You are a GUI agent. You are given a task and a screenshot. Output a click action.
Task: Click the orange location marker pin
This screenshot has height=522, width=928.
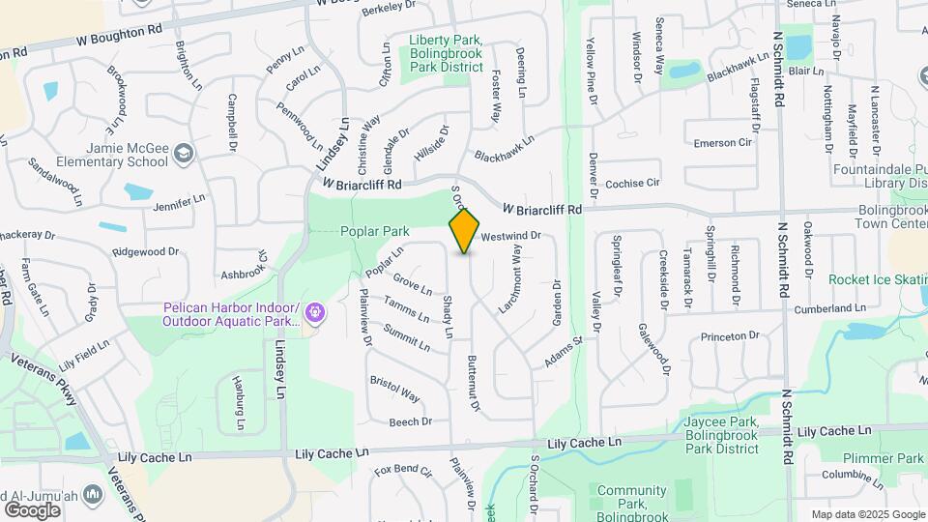tap(465, 230)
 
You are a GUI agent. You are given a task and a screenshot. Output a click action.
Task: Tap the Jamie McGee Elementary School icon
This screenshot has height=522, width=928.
tap(182, 154)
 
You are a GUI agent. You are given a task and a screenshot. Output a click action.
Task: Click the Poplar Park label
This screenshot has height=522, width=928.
tap(374, 232)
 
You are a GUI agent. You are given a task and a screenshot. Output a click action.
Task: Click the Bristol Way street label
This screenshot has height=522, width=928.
tap(395, 388)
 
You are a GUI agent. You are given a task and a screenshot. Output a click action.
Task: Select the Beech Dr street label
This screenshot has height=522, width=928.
tap(410, 422)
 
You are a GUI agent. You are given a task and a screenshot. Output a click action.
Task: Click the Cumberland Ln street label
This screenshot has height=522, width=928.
tap(830, 308)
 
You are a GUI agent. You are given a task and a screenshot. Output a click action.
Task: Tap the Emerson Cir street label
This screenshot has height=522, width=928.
tap(722, 143)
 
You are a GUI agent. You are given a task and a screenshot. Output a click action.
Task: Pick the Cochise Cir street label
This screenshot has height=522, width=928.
tap(632, 183)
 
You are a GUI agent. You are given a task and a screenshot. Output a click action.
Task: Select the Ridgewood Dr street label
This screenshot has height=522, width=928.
tap(146, 252)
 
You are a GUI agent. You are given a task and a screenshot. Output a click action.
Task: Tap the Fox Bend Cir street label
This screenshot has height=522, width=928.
tap(403, 471)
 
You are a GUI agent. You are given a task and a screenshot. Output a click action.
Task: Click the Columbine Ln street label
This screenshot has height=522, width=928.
tap(851, 476)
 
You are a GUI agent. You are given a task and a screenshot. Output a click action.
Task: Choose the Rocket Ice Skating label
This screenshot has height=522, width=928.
tap(878, 280)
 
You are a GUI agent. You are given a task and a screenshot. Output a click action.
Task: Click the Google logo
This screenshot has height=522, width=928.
tap(33, 509)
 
